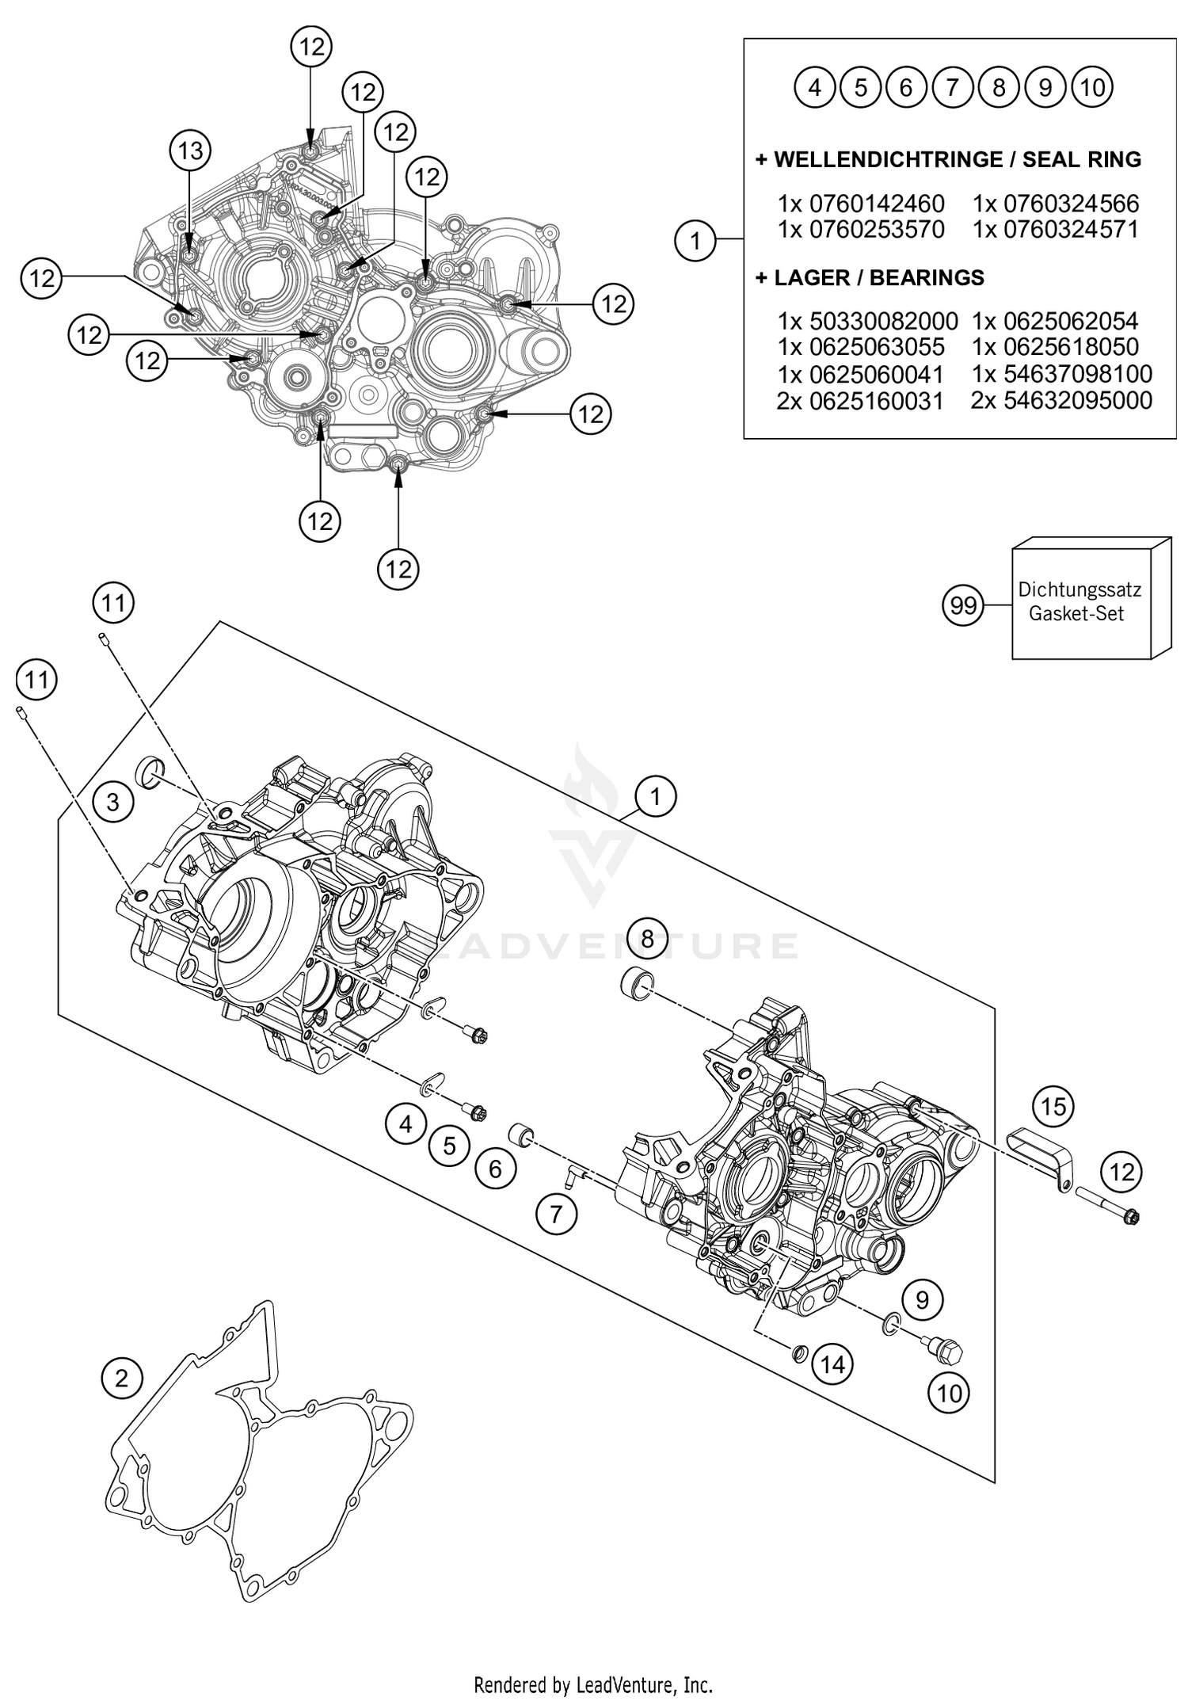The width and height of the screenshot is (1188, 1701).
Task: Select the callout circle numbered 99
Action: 963,606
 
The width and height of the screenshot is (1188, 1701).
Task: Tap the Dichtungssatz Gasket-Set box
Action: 1081,602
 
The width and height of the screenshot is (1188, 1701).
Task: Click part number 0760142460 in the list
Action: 861,203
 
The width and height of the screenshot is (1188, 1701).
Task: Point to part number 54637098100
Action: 1061,373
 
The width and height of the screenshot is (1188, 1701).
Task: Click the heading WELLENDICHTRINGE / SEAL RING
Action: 948,159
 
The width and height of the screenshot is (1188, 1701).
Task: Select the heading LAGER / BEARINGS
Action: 870,277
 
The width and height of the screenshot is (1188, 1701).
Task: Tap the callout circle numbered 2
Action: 121,1379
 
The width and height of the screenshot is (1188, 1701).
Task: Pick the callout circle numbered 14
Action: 832,1364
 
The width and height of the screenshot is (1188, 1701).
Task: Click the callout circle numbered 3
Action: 112,802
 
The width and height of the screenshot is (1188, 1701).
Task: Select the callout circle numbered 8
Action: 648,939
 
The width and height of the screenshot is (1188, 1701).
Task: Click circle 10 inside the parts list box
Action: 1091,86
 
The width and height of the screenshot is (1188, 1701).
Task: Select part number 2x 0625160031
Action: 860,401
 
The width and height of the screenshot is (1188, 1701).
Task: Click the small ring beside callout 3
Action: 150,772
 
